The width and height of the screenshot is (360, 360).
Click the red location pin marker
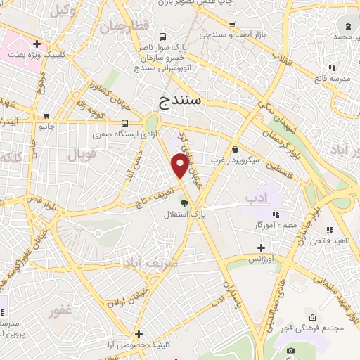[x=180, y=165]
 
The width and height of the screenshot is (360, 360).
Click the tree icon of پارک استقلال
[x=185, y=202]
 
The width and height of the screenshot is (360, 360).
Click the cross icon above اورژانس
[x=261, y=247]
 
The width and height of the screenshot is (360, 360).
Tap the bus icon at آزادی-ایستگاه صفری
[x=124, y=122]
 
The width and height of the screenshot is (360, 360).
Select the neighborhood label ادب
[x=258, y=199]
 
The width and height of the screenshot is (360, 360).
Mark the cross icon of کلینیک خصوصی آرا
[x=139, y=334]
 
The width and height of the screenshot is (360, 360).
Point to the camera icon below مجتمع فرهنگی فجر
[x=290, y=349]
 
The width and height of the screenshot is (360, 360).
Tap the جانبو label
[x=46, y=127]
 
